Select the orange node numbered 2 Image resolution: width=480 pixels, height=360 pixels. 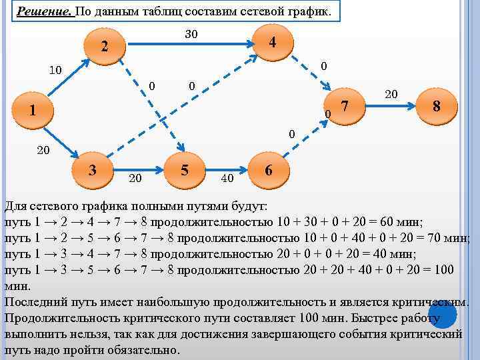(103, 47)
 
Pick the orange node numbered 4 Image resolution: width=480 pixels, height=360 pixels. (272, 42)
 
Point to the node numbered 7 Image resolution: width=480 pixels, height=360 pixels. (345, 105)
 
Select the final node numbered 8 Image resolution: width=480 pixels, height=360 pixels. (436, 106)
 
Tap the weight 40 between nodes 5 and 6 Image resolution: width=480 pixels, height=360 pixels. (227, 179)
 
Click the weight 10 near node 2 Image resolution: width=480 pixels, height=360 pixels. (55, 70)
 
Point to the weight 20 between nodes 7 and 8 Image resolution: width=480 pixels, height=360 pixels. (391, 95)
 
